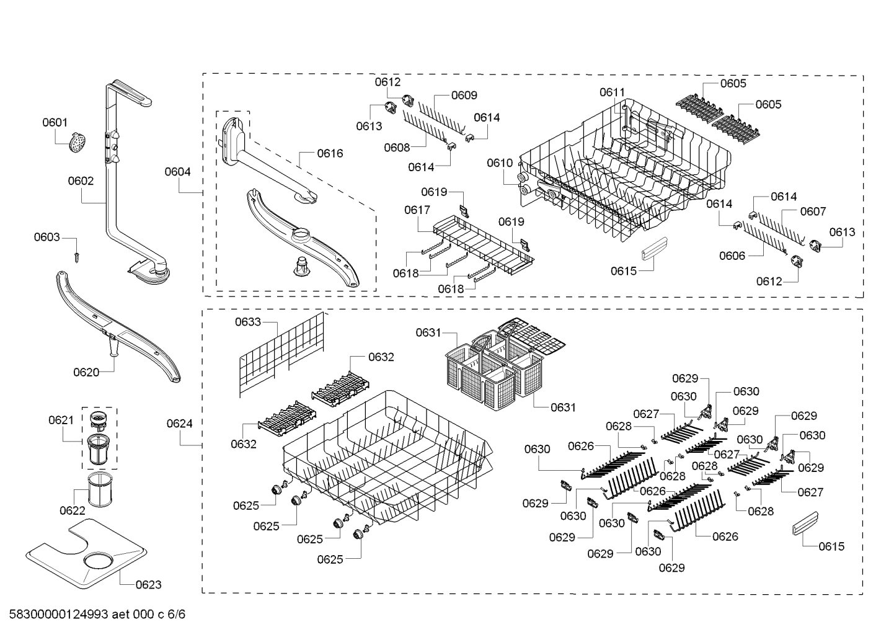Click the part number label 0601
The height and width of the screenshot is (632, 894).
(x=55, y=123)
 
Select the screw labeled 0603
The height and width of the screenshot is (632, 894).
(x=76, y=255)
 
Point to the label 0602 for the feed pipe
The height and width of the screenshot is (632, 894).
(x=81, y=181)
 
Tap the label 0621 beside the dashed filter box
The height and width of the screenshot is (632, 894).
(x=61, y=421)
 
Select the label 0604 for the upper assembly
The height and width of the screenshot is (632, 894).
(x=177, y=172)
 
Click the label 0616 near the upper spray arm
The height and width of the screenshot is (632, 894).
(x=329, y=153)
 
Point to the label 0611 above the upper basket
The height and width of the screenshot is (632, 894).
(x=612, y=92)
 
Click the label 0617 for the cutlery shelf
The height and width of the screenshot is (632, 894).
(x=417, y=210)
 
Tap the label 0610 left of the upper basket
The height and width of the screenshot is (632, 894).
(x=500, y=163)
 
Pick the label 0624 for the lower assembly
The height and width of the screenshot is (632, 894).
(x=179, y=424)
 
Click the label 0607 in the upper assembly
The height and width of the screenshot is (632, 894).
(x=812, y=211)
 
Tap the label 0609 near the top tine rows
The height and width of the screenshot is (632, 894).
(x=464, y=95)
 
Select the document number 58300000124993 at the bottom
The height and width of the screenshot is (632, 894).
(x=56, y=615)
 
